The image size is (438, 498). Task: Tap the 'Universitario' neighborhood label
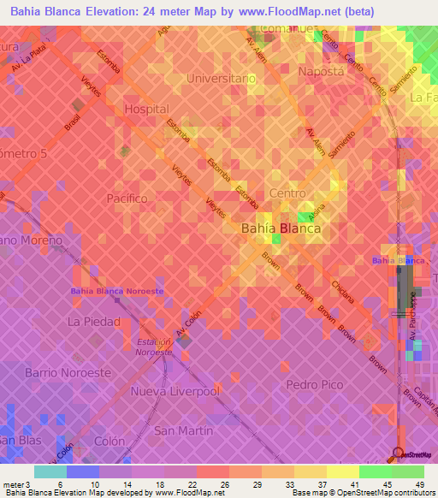coord(227,78)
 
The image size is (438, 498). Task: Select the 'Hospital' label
coord(146,110)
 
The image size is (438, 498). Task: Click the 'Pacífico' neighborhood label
coord(128,198)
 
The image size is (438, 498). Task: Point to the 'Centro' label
coord(287,193)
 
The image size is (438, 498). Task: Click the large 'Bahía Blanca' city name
coord(281,228)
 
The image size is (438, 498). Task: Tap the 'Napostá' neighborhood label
coord(321,72)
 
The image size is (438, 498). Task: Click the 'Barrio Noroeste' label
coord(68,373)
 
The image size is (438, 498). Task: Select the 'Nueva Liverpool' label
coord(175,391)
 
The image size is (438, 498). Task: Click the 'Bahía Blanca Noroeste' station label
coord(116,292)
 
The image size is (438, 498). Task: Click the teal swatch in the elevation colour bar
coord(50,471)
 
